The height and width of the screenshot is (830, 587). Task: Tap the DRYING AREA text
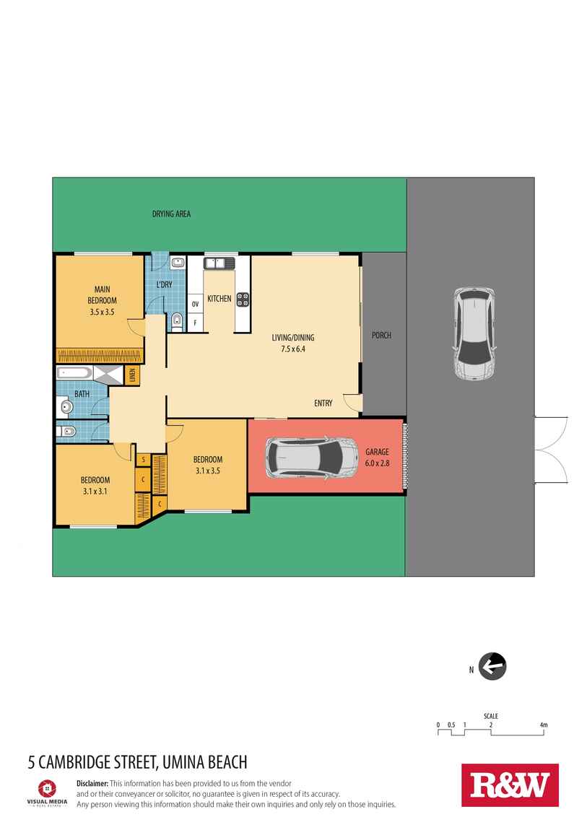pos(170,214)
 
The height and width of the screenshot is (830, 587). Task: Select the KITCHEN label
pos(219,298)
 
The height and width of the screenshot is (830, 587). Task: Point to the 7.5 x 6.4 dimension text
pos(293,349)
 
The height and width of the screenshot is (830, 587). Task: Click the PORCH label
pos(381,336)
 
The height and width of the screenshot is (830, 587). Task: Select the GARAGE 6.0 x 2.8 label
pos(375,458)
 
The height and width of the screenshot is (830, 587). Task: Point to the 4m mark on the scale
pos(543,725)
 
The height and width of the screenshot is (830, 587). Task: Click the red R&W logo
pos(510,785)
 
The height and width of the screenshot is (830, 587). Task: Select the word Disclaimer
pos(92,783)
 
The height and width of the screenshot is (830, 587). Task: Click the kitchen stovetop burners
pos(242,298)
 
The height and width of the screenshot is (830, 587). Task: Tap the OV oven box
pos(195,304)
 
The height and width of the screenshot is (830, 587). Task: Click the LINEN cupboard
pos(133,374)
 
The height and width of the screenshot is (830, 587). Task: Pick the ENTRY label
pos(323,403)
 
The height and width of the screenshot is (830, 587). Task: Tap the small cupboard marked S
pos(143,459)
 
